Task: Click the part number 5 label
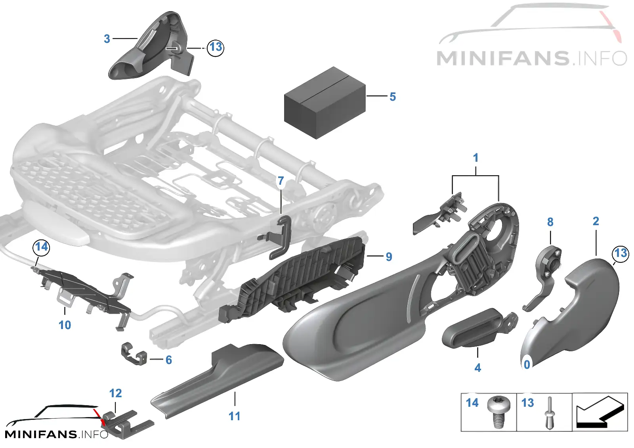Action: [393, 97]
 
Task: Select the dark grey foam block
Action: [325, 103]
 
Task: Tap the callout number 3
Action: [107, 39]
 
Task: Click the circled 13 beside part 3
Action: [216, 48]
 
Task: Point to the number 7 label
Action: [281, 181]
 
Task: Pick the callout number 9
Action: [389, 257]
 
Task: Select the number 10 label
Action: [65, 325]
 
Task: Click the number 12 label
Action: [115, 393]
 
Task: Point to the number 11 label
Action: [234, 416]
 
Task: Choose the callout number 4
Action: [477, 368]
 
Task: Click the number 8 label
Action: [550, 222]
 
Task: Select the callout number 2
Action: [596, 221]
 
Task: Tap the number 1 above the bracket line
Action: [476, 158]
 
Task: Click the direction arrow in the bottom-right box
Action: [600, 412]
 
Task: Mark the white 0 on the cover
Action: [527, 365]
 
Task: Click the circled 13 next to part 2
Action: [621, 253]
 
